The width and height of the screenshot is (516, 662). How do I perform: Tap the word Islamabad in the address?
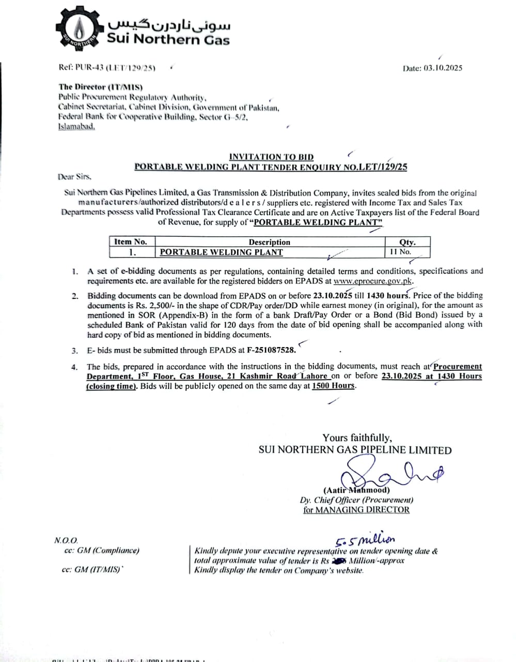76,127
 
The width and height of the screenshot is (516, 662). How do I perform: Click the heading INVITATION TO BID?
271,157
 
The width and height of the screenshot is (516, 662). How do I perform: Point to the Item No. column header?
131,242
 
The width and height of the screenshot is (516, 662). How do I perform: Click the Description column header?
269,242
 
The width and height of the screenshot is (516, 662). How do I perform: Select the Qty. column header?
407,242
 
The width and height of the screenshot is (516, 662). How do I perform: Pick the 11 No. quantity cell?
401,252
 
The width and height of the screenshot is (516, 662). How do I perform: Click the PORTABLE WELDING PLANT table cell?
222,252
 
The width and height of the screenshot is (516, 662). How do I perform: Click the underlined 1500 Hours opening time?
334,386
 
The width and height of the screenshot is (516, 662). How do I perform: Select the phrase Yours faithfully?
357,438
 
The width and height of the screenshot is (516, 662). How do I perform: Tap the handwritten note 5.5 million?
365,540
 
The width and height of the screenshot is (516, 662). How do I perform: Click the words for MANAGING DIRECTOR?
356,510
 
